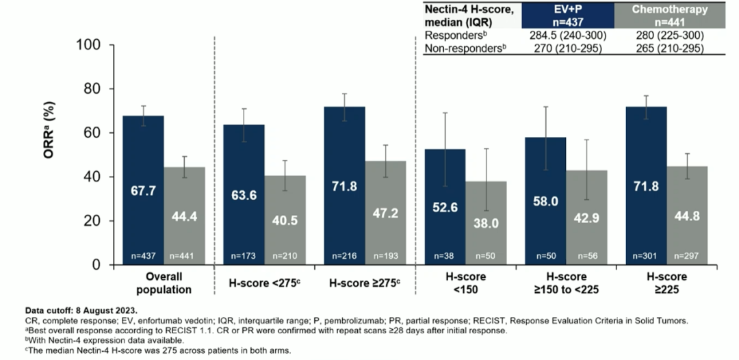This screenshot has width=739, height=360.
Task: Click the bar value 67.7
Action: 144,191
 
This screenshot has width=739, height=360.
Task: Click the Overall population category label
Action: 165,283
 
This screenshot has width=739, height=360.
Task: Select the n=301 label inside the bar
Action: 645,256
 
